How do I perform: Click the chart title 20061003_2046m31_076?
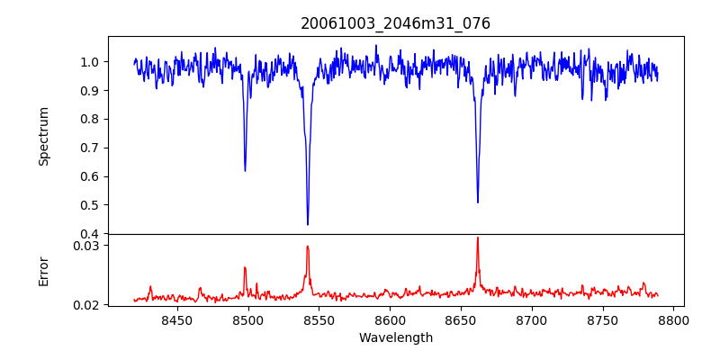coord(395,23)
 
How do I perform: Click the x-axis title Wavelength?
coord(395,337)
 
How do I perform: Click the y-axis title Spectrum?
coord(43,136)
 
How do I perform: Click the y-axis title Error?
coord(43,271)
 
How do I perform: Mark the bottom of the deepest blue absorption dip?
coord(308,224)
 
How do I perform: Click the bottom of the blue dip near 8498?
coord(245,171)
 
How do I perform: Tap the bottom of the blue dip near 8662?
coord(478,202)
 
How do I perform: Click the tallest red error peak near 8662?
coord(478,238)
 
